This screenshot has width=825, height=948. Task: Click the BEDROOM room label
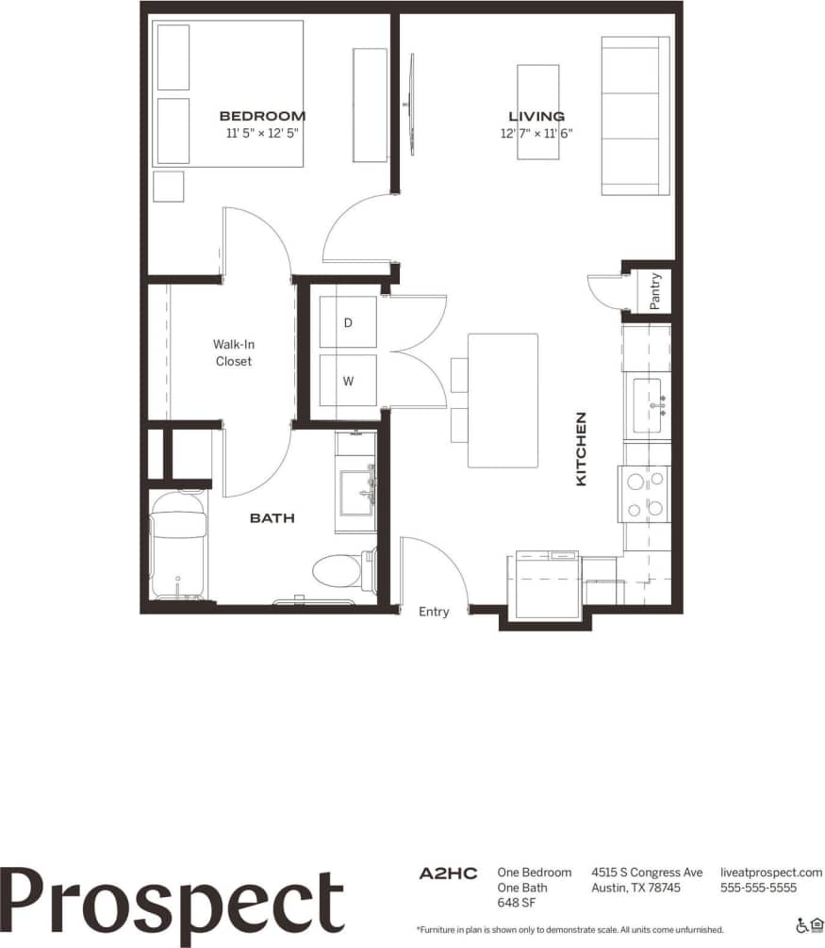pos(262,117)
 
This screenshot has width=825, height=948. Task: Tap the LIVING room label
pos(536,117)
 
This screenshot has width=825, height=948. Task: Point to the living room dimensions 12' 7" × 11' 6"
pos(536,134)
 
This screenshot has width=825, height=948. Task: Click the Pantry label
pos(655,290)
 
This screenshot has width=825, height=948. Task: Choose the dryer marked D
pos(348,323)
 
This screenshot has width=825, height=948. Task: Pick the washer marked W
pos(348,382)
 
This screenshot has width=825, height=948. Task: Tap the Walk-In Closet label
pos(233,353)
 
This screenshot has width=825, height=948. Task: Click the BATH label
pos(272,518)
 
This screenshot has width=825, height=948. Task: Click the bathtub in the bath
pos(178,545)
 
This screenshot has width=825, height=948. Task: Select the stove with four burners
pos(644,494)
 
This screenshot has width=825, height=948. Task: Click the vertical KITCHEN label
pos(581,449)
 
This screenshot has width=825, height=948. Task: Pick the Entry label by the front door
pos(434,612)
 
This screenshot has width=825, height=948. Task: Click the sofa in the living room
pos(635,117)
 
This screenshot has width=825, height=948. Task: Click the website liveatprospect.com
pos(770,873)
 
